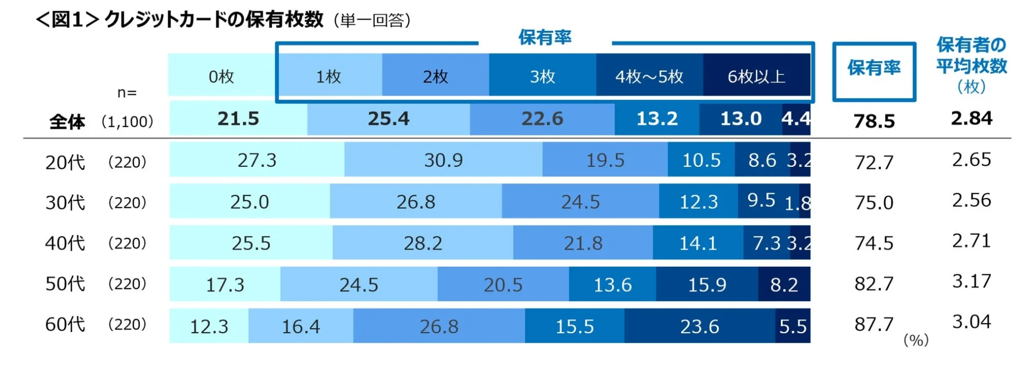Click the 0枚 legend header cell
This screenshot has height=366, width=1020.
[222, 76]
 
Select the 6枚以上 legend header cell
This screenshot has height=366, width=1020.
[756, 76]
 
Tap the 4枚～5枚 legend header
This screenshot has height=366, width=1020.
[649, 76]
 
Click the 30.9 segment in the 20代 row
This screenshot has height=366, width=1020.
[443, 160]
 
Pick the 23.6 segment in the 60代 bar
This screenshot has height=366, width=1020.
[700, 326]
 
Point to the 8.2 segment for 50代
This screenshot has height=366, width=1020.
[784, 285]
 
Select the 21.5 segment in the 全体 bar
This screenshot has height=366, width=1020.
[238, 118]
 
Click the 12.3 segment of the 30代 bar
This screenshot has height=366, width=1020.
[699, 202]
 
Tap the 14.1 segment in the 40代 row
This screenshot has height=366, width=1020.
[698, 243]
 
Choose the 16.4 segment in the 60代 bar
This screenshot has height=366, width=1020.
[301, 326]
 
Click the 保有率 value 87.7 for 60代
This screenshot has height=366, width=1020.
[874, 324]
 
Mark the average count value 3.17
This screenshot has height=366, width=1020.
[971, 281]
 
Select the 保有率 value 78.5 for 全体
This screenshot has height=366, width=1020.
[874, 121]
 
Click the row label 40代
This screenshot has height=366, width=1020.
[65, 243]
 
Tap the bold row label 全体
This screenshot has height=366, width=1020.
[67, 122]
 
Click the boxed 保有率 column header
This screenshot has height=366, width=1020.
[874, 68]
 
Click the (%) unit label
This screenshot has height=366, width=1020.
[916, 340]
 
